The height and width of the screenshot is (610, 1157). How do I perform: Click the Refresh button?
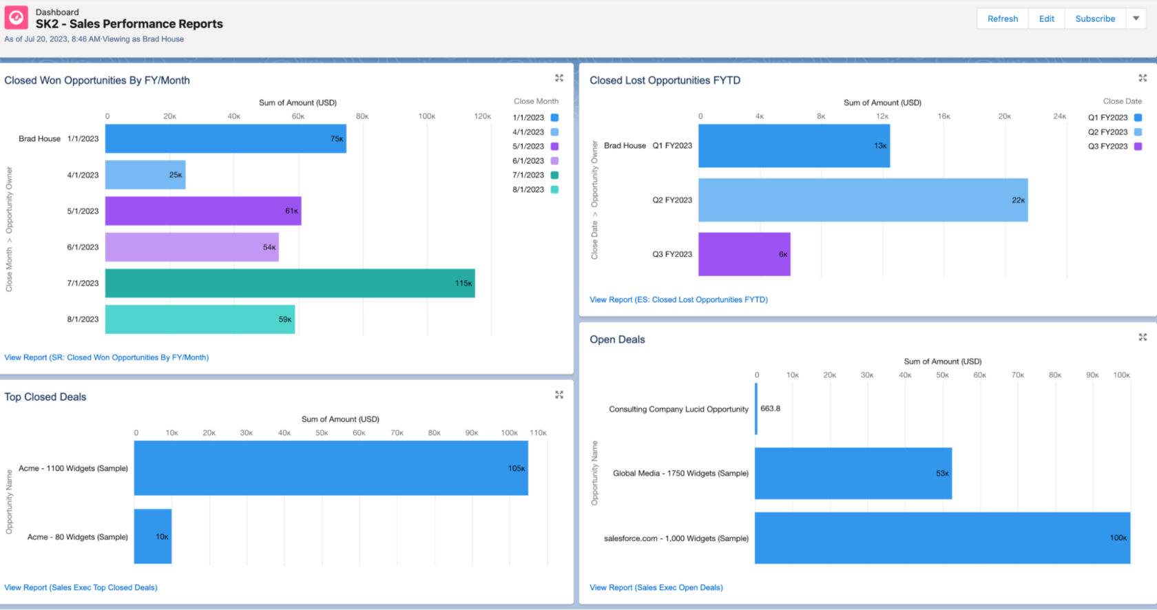[x=1002, y=19]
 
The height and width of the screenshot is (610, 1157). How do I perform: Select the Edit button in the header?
[x=1046, y=19]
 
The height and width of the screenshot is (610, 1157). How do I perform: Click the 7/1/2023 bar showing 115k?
[x=289, y=283]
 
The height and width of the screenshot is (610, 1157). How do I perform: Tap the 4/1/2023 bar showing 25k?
[x=145, y=175]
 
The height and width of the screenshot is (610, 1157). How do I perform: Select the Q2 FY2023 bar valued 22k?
[x=862, y=200]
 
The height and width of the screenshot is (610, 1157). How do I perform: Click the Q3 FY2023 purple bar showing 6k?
[x=744, y=254]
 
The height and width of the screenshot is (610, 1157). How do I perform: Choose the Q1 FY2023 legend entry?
[x=1114, y=118]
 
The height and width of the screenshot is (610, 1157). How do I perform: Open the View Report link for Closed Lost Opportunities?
[x=678, y=299]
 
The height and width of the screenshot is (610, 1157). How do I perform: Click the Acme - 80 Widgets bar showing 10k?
[x=152, y=536]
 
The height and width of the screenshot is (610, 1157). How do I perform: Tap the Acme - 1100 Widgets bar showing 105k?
[x=331, y=468]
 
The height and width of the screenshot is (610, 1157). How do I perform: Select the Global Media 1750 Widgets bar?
[x=853, y=473]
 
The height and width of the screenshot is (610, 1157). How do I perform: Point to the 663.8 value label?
[x=770, y=408]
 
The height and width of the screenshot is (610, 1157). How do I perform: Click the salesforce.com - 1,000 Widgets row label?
[x=676, y=538]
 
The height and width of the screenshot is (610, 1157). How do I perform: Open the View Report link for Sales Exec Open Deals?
[x=656, y=587]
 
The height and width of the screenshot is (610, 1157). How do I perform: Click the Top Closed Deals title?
[x=45, y=397]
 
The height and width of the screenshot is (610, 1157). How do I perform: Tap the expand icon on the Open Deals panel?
[x=1143, y=337]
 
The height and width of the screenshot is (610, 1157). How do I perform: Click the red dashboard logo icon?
[x=17, y=18]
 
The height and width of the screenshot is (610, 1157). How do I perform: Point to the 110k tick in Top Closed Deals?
[x=538, y=433]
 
